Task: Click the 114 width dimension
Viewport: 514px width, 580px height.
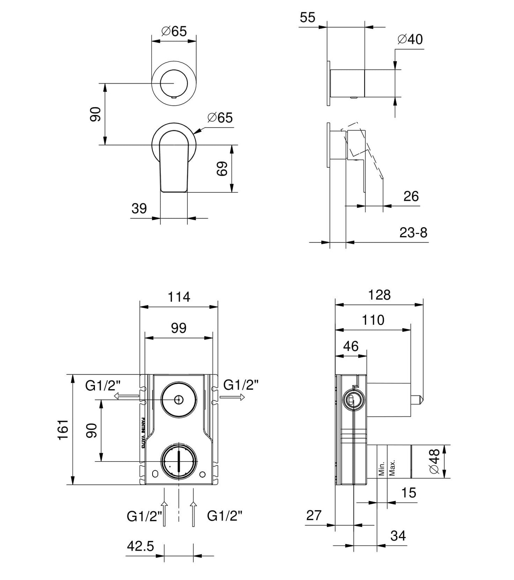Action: point(179,297)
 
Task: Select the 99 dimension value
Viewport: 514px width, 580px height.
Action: point(179,328)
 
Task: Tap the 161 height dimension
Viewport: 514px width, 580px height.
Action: point(63,429)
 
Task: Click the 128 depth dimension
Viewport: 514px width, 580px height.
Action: point(380,295)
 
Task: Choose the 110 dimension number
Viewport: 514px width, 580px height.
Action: point(373,320)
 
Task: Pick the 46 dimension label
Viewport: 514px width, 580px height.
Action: point(351,346)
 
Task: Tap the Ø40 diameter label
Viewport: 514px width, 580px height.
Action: point(410,39)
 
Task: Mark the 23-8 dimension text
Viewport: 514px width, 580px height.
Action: point(413,233)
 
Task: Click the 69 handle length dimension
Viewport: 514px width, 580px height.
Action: point(222,169)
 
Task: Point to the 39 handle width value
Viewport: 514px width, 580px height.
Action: point(139,208)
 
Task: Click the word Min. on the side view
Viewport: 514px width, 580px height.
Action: point(382,468)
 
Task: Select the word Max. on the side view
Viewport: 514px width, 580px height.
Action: point(392,467)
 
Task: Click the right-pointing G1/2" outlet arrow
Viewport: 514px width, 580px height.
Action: point(233,397)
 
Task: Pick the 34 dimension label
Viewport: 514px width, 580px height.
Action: point(398,536)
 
